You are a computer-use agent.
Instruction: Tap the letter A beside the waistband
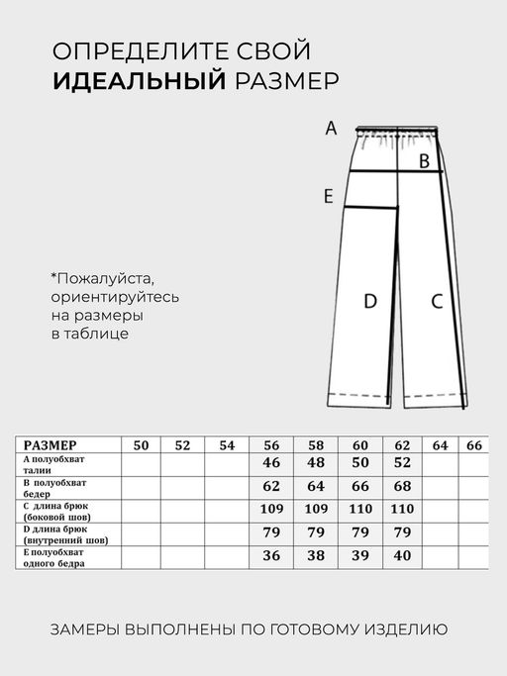pyautogui.click(x=332, y=128)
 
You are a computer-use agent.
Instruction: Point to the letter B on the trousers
pyautogui.click(x=423, y=160)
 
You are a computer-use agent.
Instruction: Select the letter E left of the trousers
pyautogui.click(x=328, y=197)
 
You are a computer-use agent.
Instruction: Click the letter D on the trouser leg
pyautogui.click(x=370, y=302)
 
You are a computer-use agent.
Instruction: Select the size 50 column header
pyautogui.click(x=141, y=445)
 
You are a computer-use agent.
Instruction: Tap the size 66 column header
pyautogui.click(x=474, y=445)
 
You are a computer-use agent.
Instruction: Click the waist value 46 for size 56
pyautogui.click(x=271, y=463)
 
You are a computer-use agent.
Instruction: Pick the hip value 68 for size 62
pyautogui.click(x=401, y=487)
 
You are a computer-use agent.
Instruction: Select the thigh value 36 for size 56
pyautogui.click(x=271, y=556)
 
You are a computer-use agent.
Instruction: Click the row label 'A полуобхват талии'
pyautogui.click(x=59, y=465)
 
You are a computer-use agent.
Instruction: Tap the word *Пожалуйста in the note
pyautogui.click(x=103, y=278)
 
